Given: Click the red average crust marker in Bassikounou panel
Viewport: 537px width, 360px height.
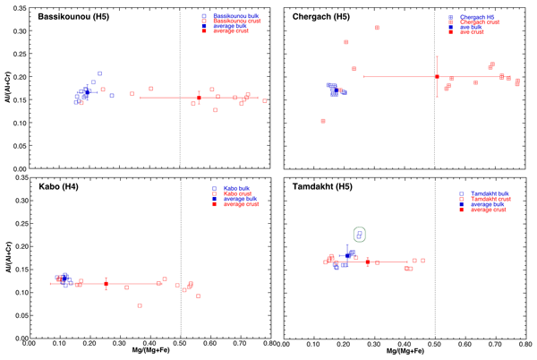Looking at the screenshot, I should (199, 98).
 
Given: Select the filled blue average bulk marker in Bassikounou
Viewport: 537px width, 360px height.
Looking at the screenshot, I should (87, 91).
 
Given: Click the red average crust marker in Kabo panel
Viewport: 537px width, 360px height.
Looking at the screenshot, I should (106, 284).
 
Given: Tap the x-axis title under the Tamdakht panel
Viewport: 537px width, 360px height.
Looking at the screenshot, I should (405, 352).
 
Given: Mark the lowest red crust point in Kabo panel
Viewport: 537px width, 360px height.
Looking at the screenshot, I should (140, 305).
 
